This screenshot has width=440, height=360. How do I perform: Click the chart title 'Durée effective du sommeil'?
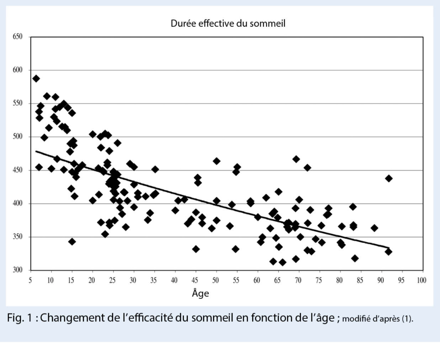pos(228,24)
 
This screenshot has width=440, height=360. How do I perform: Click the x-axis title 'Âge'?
pos(200,294)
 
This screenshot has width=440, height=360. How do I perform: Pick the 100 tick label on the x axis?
pos(422,280)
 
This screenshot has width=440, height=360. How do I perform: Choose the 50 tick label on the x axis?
pos(216,280)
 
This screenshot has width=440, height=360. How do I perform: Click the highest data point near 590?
pos(36,78)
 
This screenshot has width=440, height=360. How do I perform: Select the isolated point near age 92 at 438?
pos(389,178)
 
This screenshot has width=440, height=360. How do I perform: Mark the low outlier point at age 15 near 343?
pos(72,241)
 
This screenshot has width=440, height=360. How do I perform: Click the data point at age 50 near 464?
pos(217,161)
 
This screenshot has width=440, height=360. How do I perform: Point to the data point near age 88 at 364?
pos(374,228)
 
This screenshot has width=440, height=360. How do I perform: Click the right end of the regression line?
pos(389,248)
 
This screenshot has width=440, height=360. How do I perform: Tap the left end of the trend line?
pos(36,151)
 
